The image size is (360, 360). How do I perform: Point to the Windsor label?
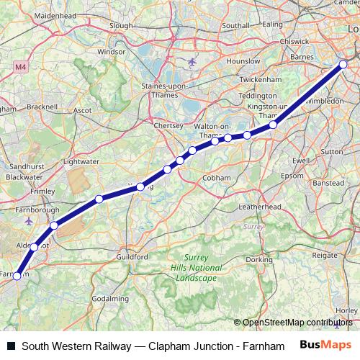(x=111, y=52)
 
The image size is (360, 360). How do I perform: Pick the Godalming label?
(x=111, y=299)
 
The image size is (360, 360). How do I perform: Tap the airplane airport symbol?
(x=192, y=61)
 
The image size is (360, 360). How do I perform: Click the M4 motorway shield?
(x=19, y=66)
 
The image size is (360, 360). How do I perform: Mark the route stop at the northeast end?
(x=343, y=65)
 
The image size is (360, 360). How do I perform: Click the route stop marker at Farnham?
(x=17, y=275)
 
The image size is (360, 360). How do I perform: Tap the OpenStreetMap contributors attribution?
(x=296, y=323)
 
